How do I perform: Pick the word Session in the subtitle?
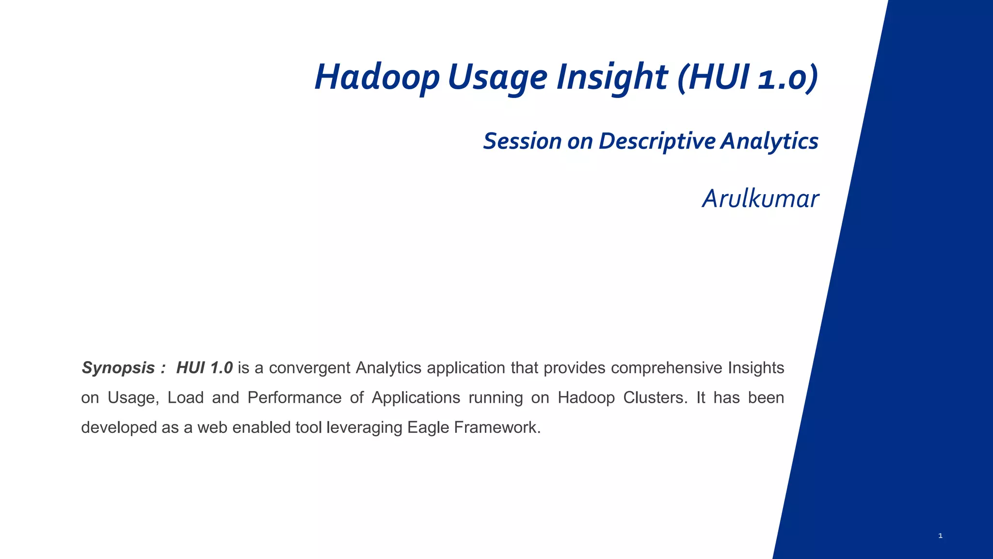click(x=522, y=141)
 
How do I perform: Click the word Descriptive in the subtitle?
click(x=657, y=141)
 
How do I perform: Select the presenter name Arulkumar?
click(x=760, y=198)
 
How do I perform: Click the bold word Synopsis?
click(x=118, y=368)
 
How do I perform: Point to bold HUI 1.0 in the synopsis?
click(x=204, y=368)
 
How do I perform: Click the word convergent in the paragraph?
click(x=309, y=368)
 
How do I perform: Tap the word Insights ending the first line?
click(x=756, y=368)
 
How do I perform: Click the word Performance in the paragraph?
click(x=294, y=398)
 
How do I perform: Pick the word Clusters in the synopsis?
click(x=655, y=398)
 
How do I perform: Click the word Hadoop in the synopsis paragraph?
click(x=586, y=398)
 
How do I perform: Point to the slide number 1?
click(x=940, y=536)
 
